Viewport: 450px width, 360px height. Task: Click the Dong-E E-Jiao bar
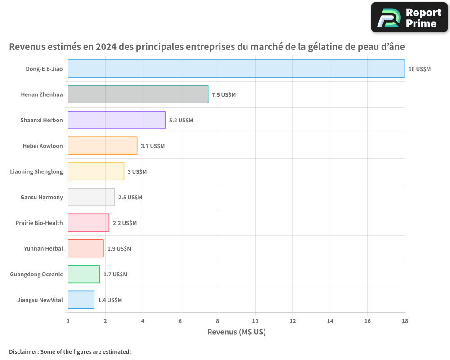point(237,68)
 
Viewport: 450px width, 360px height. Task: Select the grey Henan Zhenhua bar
point(138,94)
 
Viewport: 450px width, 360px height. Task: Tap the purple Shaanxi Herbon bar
point(117,120)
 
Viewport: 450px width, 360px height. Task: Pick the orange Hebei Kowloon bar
point(103,145)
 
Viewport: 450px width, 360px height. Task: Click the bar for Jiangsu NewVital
point(81,300)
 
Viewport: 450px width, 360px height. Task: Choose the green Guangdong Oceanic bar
point(84,274)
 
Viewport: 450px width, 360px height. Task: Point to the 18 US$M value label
point(419,69)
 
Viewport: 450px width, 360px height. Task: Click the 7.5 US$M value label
point(224,95)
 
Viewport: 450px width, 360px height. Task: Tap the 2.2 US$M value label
point(125,223)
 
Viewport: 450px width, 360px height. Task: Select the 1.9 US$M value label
point(119,248)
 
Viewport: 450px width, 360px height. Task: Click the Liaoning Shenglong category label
point(36,171)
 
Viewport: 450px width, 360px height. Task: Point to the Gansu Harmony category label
point(41,197)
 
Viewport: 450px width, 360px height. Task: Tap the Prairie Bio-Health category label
point(39,223)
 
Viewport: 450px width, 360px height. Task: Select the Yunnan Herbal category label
point(43,248)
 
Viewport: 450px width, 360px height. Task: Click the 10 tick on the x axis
point(255,321)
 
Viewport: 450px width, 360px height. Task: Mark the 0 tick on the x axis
point(68,321)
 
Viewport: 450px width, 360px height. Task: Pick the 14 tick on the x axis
point(330,321)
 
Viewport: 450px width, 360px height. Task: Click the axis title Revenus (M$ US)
point(237,332)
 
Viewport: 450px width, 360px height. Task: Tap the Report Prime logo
point(409,18)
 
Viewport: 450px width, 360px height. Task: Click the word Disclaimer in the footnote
point(24,351)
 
